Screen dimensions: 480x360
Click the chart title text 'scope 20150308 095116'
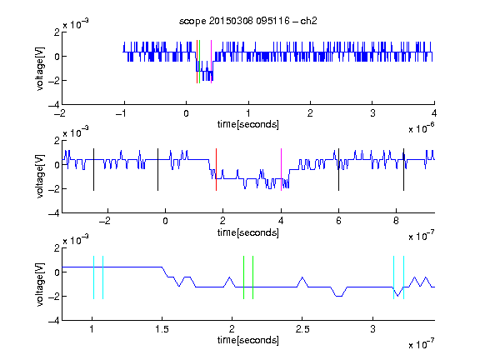234,21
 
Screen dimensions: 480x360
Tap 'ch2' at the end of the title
308,21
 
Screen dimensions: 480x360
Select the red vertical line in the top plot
197,62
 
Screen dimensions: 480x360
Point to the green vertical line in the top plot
200,62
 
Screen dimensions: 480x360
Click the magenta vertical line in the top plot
211,62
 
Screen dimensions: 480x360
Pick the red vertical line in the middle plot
216,170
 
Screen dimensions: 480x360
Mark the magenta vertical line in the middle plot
282,170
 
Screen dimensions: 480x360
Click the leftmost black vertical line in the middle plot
93,170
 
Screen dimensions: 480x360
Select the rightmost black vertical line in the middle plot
404,170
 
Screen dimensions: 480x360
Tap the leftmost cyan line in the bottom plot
93,277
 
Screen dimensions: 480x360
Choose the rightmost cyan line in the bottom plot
404,277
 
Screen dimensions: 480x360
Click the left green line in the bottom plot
243,277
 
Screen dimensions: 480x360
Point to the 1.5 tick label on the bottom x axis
162,329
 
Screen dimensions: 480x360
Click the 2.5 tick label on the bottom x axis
302,329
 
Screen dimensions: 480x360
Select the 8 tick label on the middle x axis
396,221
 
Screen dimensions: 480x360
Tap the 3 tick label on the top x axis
372,113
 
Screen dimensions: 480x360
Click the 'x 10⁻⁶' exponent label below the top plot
422,128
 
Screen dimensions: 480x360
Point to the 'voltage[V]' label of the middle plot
40,177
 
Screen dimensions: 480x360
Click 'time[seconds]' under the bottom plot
248,340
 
